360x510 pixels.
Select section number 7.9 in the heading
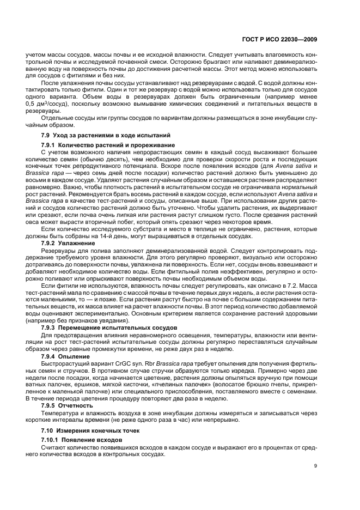(x=47, y=135)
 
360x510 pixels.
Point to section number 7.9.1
(x=51, y=145)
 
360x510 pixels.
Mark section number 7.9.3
(x=51, y=327)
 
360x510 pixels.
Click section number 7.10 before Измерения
(x=49, y=431)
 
